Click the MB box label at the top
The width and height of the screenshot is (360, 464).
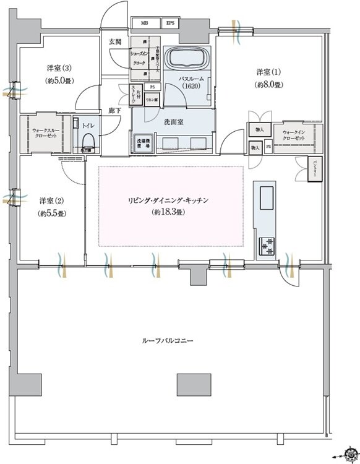point(145,24)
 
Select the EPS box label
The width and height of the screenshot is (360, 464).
point(169,24)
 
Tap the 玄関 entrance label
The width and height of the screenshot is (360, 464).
point(116,42)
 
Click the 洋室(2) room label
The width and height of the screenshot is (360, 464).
point(52,206)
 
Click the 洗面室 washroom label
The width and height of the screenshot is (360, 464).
point(173,122)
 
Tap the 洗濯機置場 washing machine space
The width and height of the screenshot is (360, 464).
point(144,142)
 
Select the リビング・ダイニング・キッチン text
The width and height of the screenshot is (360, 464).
point(175,201)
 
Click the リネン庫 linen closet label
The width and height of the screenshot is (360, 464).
point(151,100)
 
